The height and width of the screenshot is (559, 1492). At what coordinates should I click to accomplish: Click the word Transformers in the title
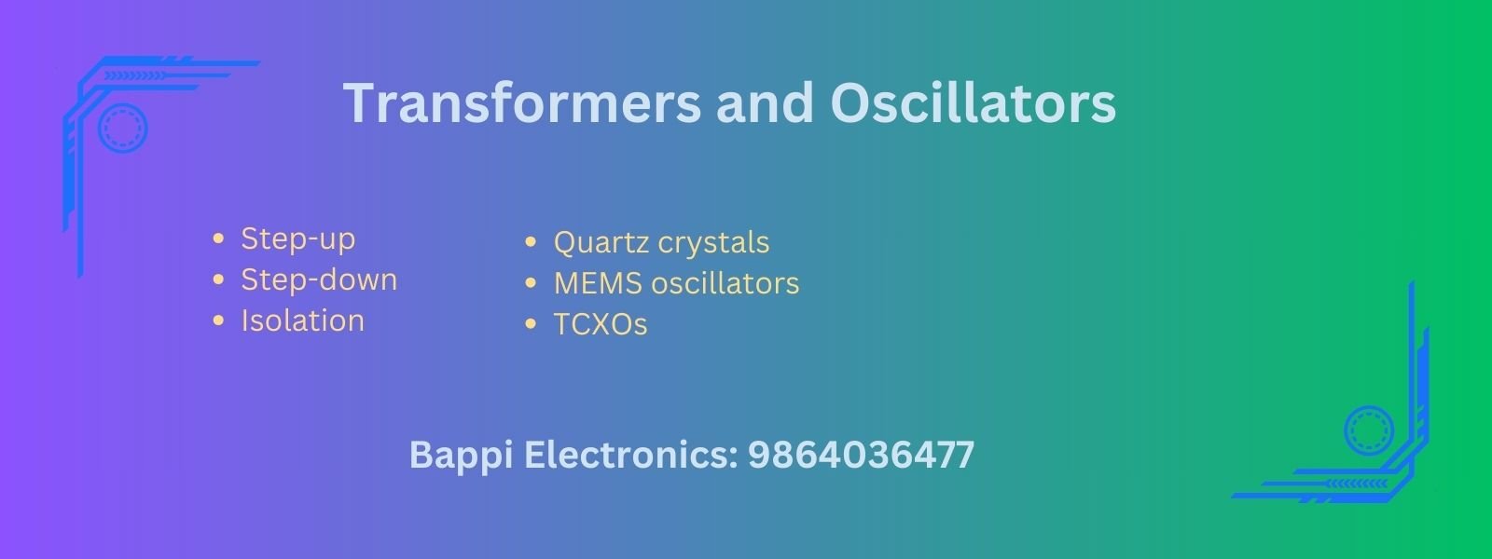pyautogui.click(x=522, y=103)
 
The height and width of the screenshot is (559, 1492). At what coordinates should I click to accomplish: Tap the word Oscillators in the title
pyautogui.click(x=974, y=103)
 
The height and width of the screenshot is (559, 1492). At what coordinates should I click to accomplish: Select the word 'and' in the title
pyautogui.click(x=766, y=103)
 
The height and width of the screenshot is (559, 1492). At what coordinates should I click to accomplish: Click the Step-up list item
pyautogui.click(x=297, y=239)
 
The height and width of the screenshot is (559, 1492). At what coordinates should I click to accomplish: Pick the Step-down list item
pyautogui.click(x=319, y=279)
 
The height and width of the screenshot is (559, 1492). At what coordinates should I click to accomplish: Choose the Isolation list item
pyautogui.click(x=302, y=320)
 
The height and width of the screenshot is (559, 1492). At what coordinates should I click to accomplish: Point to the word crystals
pyautogui.click(x=713, y=243)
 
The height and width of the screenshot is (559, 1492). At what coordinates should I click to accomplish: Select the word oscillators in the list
pyautogui.click(x=725, y=283)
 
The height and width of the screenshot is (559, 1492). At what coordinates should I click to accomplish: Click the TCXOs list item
pyautogui.click(x=601, y=325)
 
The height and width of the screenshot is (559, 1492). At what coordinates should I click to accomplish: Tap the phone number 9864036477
pyautogui.click(x=861, y=456)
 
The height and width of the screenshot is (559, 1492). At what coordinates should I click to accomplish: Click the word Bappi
pyautogui.click(x=461, y=457)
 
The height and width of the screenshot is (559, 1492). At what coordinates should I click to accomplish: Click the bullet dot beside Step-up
pyautogui.click(x=218, y=239)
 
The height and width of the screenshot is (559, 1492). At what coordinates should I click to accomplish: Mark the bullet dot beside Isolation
pyautogui.click(x=218, y=320)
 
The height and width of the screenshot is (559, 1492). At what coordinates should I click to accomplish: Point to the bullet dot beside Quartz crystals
pyautogui.click(x=531, y=241)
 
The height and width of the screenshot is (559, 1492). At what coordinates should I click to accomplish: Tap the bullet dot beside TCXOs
pyautogui.click(x=531, y=324)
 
